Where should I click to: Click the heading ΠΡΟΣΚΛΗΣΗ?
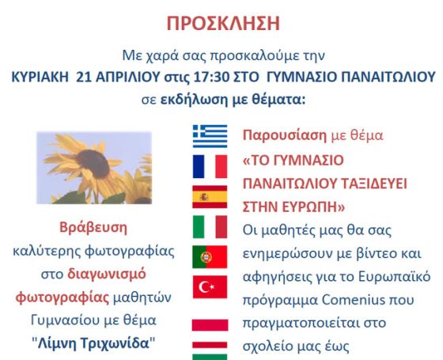[x=223, y=23]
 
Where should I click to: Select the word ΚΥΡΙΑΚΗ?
[x=40, y=77]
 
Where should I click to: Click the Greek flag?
[x=210, y=136]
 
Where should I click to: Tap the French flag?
[x=210, y=166]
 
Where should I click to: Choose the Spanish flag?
[x=210, y=197]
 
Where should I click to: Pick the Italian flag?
[x=210, y=227]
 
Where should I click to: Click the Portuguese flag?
[x=210, y=257]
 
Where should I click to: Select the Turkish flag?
[x=210, y=287]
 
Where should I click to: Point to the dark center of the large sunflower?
[x=93, y=163]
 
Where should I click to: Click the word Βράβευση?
[x=93, y=228]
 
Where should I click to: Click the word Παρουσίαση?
[x=285, y=135]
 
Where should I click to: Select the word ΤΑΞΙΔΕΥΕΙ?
[x=374, y=184]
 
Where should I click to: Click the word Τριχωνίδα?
[x=115, y=343]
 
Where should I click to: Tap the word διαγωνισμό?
[x=107, y=275]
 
